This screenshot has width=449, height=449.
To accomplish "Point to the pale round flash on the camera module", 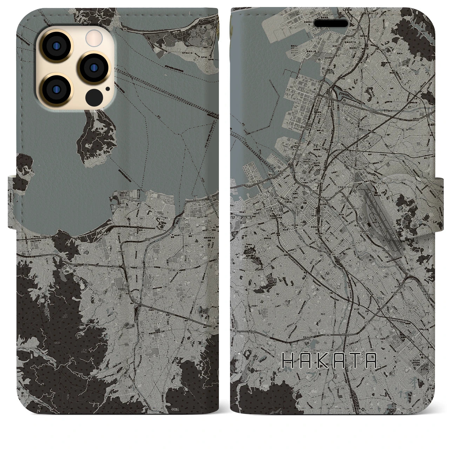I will (93, 36).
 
